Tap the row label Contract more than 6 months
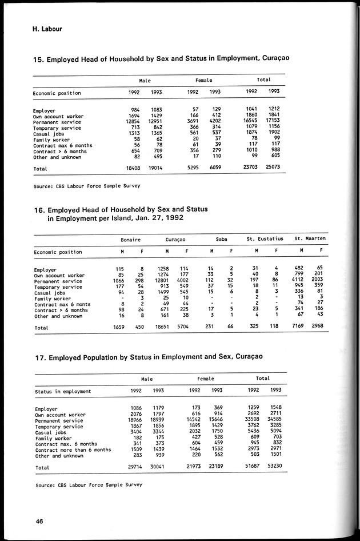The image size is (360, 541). coord(73,449)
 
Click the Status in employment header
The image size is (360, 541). coord(63,391)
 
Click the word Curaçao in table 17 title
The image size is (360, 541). coord(243,356)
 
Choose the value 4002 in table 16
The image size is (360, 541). coord(182,281)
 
